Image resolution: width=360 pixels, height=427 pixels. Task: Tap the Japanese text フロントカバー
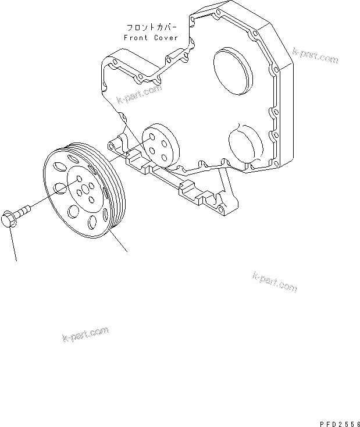[x=152, y=27]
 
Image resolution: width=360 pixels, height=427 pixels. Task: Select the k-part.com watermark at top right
[x=315, y=56]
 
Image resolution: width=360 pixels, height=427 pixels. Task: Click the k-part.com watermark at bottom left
[x=85, y=335]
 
